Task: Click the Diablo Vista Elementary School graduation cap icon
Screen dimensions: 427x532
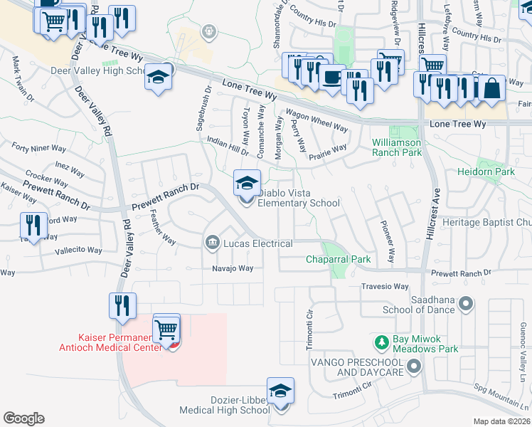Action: pos(247,184)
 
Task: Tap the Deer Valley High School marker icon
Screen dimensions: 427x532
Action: pos(159,77)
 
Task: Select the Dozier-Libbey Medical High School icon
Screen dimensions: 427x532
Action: pos(280,391)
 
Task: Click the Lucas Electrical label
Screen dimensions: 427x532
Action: pos(257,243)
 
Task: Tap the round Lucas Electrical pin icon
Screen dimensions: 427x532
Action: pos(212,243)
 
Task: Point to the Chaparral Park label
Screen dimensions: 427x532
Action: pos(339,260)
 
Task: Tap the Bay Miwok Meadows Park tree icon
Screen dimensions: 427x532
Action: pos(383,342)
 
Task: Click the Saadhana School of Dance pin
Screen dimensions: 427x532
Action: pos(466,304)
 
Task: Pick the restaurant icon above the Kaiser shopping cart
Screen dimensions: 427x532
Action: pos(122,306)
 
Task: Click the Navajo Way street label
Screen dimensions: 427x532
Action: pos(233,268)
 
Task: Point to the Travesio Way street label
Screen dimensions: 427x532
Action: pos(385,287)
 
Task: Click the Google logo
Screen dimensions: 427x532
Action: pos(23,418)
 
